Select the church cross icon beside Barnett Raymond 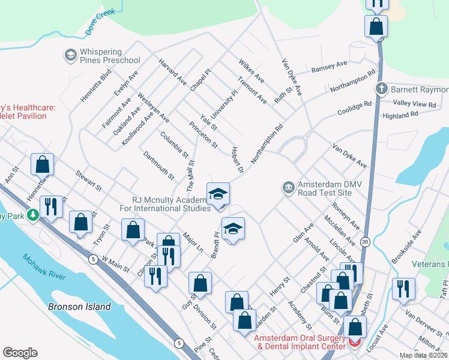pyautogui.click(x=381, y=89)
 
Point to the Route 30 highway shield pyautogui.click(x=364, y=241)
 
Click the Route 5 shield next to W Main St pyautogui.click(x=92, y=259)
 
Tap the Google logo pyautogui.click(x=20, y=353)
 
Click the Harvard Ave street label pyautogui.click(x=173, y=71)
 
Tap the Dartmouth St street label pyautogui.click(x=159, y=166)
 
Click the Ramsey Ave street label pyautogui.click(x=329, y=67)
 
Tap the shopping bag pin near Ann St pyautogui.click(x=43, y=164)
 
